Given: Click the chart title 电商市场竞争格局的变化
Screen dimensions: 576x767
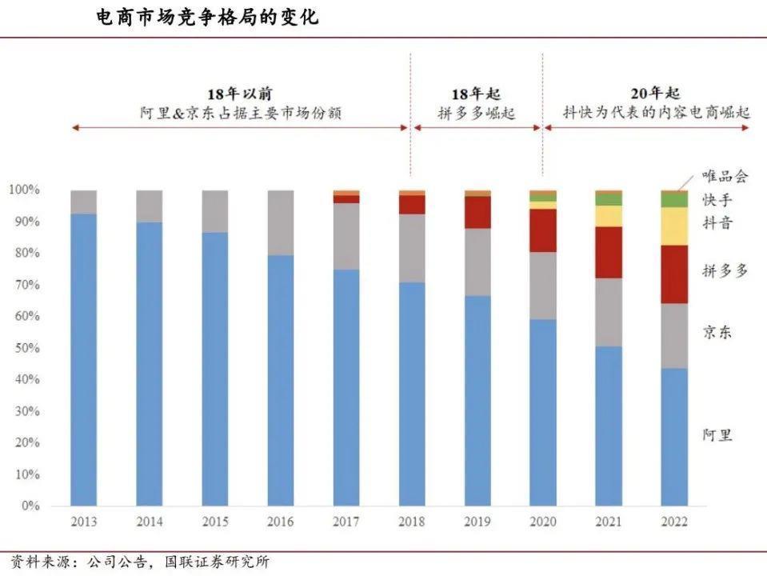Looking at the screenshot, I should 206,17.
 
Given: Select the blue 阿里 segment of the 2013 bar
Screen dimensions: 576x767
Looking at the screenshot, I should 84,360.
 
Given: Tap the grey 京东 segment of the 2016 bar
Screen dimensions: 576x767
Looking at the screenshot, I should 281,223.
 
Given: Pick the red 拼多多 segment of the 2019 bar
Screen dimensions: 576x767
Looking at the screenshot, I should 477,212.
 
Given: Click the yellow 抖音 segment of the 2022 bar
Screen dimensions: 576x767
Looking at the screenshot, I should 674,226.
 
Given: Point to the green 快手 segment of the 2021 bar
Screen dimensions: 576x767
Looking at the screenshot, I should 609,199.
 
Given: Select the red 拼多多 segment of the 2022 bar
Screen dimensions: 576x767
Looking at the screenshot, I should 674,274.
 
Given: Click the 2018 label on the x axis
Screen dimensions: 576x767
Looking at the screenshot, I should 412,522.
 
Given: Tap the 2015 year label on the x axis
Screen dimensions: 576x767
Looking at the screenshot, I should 215,522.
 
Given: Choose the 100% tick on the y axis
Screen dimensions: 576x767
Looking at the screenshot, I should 22,190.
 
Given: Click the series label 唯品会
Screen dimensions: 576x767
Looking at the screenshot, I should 725,175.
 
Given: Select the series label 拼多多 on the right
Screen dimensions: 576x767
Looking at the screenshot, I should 725,270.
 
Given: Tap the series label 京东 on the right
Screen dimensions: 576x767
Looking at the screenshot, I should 717,332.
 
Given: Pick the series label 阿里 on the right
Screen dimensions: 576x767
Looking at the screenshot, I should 717,435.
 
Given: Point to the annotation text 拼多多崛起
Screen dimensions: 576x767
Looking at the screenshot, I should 477,114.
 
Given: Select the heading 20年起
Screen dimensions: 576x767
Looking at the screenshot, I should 646,94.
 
